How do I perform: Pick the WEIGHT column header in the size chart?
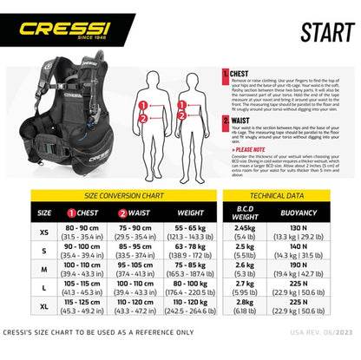pyautogui.click(x=191, y=211)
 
